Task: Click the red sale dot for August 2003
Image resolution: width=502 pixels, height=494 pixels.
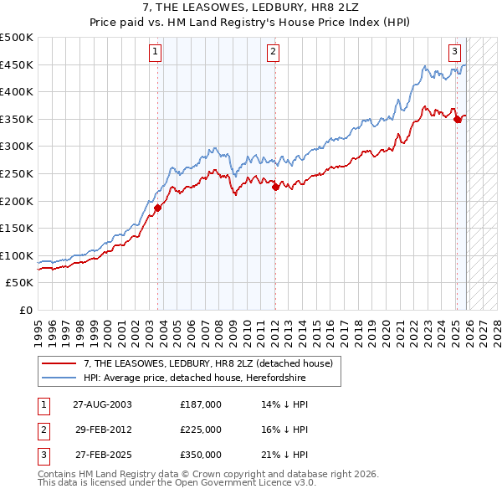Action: tap(157, 208)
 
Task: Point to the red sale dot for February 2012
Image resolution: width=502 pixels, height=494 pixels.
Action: tap(274, 188)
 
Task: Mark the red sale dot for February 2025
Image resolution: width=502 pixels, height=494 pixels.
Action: tap(457, 120)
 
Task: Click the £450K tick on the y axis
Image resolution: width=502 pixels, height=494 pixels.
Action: tap(18, 65)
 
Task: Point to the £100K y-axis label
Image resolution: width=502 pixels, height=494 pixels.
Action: tap(18, 255)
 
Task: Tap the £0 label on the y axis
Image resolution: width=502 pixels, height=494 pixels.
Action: tap(25, 311)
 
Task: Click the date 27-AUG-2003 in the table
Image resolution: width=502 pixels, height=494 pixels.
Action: tap(102, 404)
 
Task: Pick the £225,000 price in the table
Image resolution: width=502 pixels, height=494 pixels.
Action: tap(200, 430)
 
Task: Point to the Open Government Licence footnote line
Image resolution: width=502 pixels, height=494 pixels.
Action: tap(177, 483)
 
